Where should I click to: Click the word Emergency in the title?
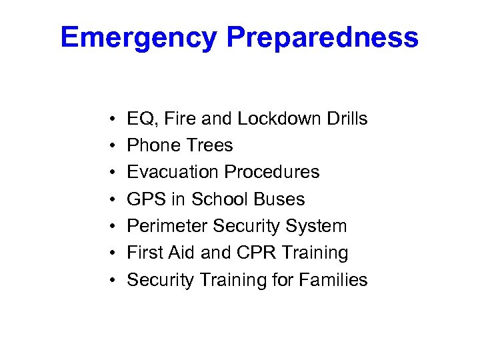tap(139, 37)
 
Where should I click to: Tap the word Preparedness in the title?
tap(322, 37)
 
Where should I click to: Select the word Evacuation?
tap(173, 172)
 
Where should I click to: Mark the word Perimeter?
tap(167, 226)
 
